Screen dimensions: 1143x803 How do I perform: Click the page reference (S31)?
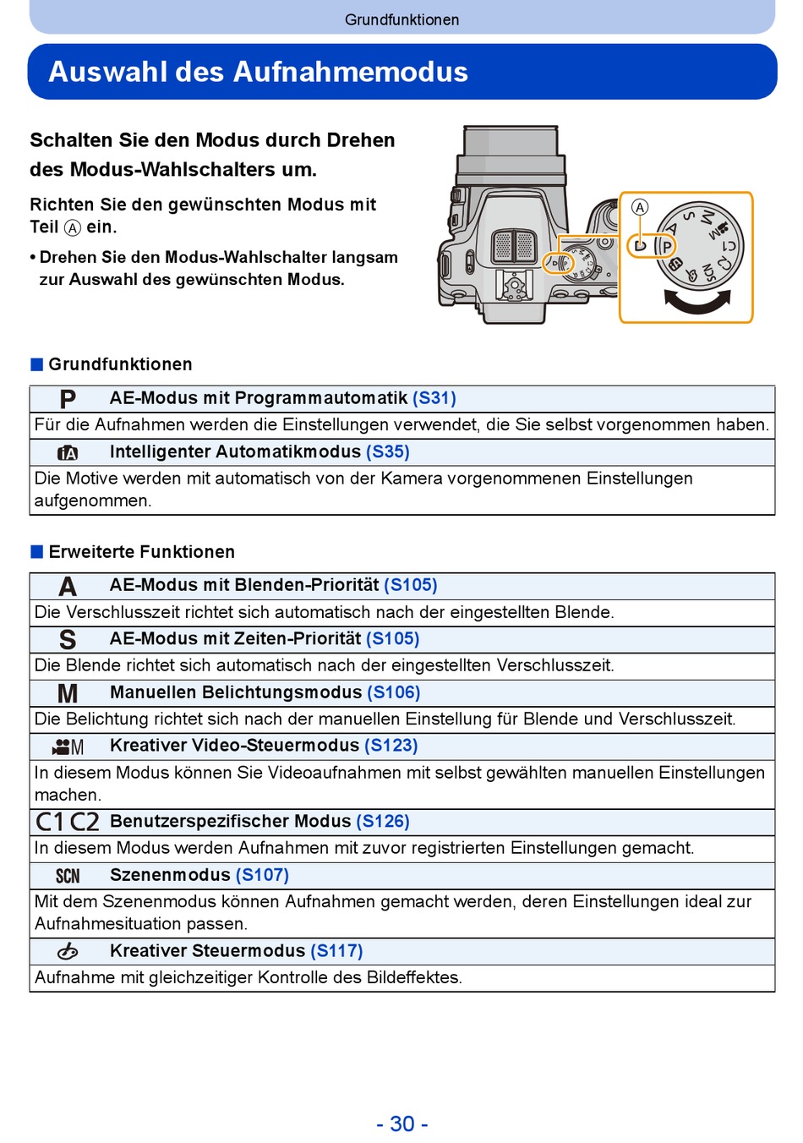pos(434,398)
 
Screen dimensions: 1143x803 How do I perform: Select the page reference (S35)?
pos(387,452)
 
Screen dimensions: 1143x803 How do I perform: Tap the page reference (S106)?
pos(393,692)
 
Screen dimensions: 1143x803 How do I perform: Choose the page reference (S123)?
pos(391,746)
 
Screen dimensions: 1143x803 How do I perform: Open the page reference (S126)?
pos(383,822)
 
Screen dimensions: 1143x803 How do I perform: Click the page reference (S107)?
pos(262,875)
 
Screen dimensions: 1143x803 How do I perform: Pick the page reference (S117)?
pos(336,951)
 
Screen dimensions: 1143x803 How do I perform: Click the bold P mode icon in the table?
pos(68,399)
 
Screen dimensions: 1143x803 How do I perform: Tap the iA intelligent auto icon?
pos(68,453)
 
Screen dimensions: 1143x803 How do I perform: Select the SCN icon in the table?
pos(68,876)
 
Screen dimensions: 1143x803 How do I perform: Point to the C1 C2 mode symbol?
pos(68,822)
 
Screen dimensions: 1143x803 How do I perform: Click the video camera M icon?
pos(68,747)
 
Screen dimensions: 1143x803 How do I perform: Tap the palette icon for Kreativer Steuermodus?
pos(68,952)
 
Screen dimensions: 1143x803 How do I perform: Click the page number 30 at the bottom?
pos(402,1124)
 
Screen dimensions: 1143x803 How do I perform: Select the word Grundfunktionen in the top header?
pos(401,19)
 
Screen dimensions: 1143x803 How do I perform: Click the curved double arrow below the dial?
pos(697,301)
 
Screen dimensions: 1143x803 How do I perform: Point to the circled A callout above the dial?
pos(640,207)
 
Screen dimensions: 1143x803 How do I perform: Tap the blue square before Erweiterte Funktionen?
pos(36,552)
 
